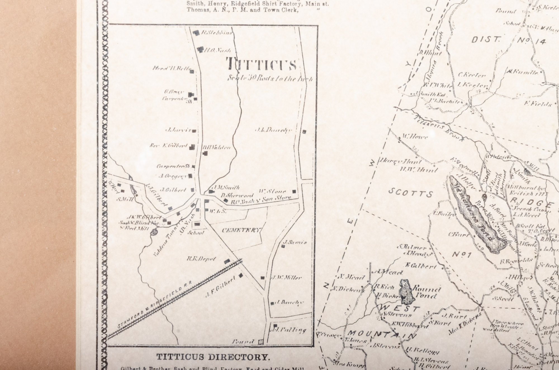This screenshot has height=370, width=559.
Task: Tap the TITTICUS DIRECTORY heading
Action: tap(213, 357)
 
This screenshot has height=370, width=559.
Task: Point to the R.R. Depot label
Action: tap(202, 259)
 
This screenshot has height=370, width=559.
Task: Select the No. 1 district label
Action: tap(462, 254)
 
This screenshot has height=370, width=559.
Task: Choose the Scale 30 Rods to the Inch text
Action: tap(269, 78)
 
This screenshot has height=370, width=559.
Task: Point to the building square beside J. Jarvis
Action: tap(193, 130)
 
